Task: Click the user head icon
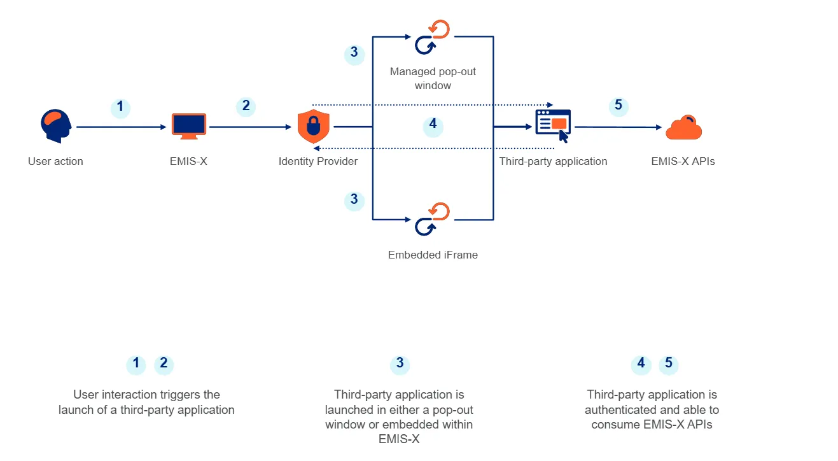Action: point(56,127)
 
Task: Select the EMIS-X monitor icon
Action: point(189,126)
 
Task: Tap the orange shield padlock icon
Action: point(314,126)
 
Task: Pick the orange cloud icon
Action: point(683,128)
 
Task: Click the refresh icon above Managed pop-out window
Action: point(433,38)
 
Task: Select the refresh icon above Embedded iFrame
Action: point(433,219)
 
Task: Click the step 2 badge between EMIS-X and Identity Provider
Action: point(246,106)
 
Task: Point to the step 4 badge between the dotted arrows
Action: point(433,125)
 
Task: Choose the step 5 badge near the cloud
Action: point(618,106)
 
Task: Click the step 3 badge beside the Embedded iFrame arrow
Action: point(354,200)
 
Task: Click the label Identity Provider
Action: point(318,161)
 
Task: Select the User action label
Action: point(55,161)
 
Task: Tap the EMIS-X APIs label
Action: point(683,161)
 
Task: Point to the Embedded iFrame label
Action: point(433,255)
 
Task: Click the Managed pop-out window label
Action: point(433,78)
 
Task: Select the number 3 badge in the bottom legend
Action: point(400,364)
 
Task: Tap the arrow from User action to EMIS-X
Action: point(120,127)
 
